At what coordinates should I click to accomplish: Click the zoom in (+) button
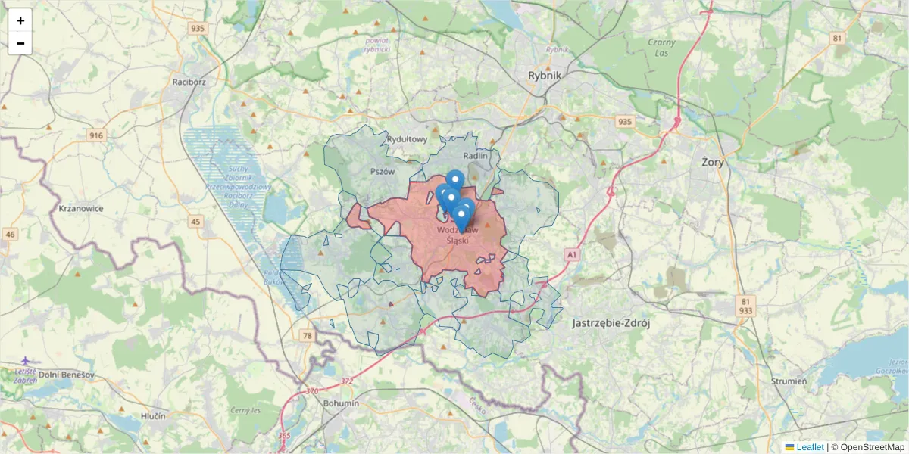pyautogui.click(x=20, y=20)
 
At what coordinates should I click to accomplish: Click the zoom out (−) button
pyautogui.click(x=20, y=43)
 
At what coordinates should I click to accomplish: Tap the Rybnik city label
pyautogui.click(x=544, y=75)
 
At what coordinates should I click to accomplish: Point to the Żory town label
pyautogui.click(x=712, y=162)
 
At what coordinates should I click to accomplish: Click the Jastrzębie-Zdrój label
pyautogui.click(x=611, y=322)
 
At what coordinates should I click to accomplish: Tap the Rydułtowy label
pyautogui.click(x=407, y=139)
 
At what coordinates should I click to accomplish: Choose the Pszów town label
pyautogui.click(x=383, y=172)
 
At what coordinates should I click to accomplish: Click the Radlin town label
pyautogui.click(x=476, y=156)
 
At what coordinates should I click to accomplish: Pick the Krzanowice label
pyautogui.click(x=80, y=208)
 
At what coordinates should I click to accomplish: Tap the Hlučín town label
pyautogui.click(x=153, y=416)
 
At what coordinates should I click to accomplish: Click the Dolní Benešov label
pyautogui.click(x=66, y=375)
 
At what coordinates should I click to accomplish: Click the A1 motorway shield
pyautogui.click(x=572, y=256)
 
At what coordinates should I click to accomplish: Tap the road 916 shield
pyautogui.click(x=96, y=135)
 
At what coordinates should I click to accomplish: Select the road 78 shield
pyautogui.click(x=307, y=336)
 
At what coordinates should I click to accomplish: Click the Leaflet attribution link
pyautogui.click(x=810, y=447)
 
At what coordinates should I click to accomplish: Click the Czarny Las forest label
pyautogui.click(x=661, y=48)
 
